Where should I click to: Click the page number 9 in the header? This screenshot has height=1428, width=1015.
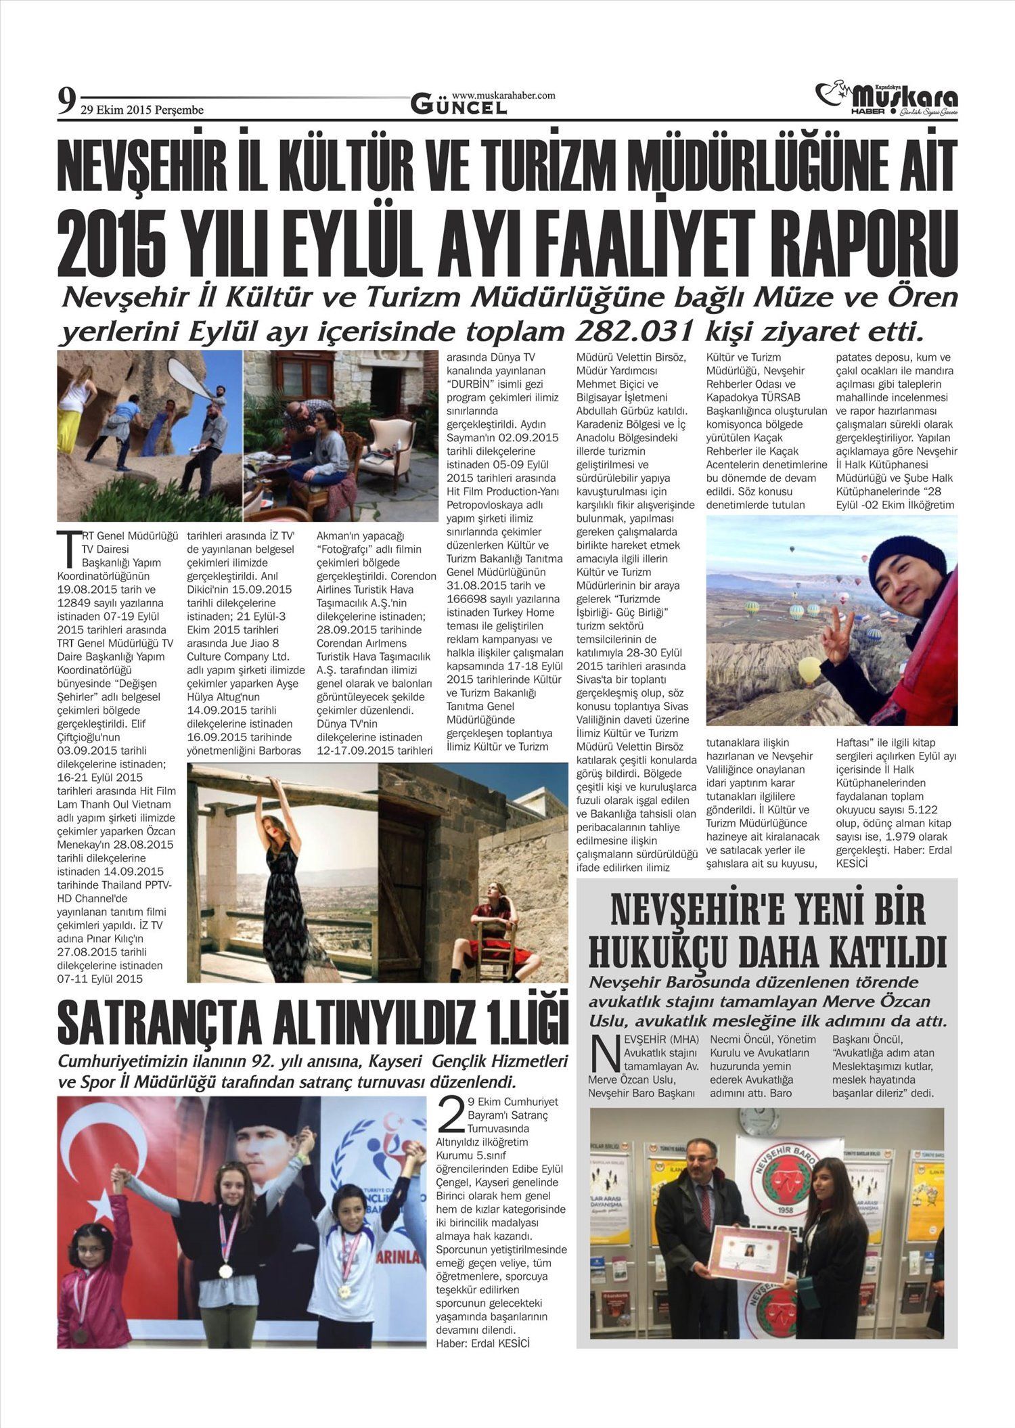click(x=66, y=103)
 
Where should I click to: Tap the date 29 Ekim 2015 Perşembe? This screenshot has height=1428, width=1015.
click(x=141, y=110)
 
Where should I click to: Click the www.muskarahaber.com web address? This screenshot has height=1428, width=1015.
click(x=503, y=95)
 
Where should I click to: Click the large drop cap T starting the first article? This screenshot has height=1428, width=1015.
click(x=67, y=549)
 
